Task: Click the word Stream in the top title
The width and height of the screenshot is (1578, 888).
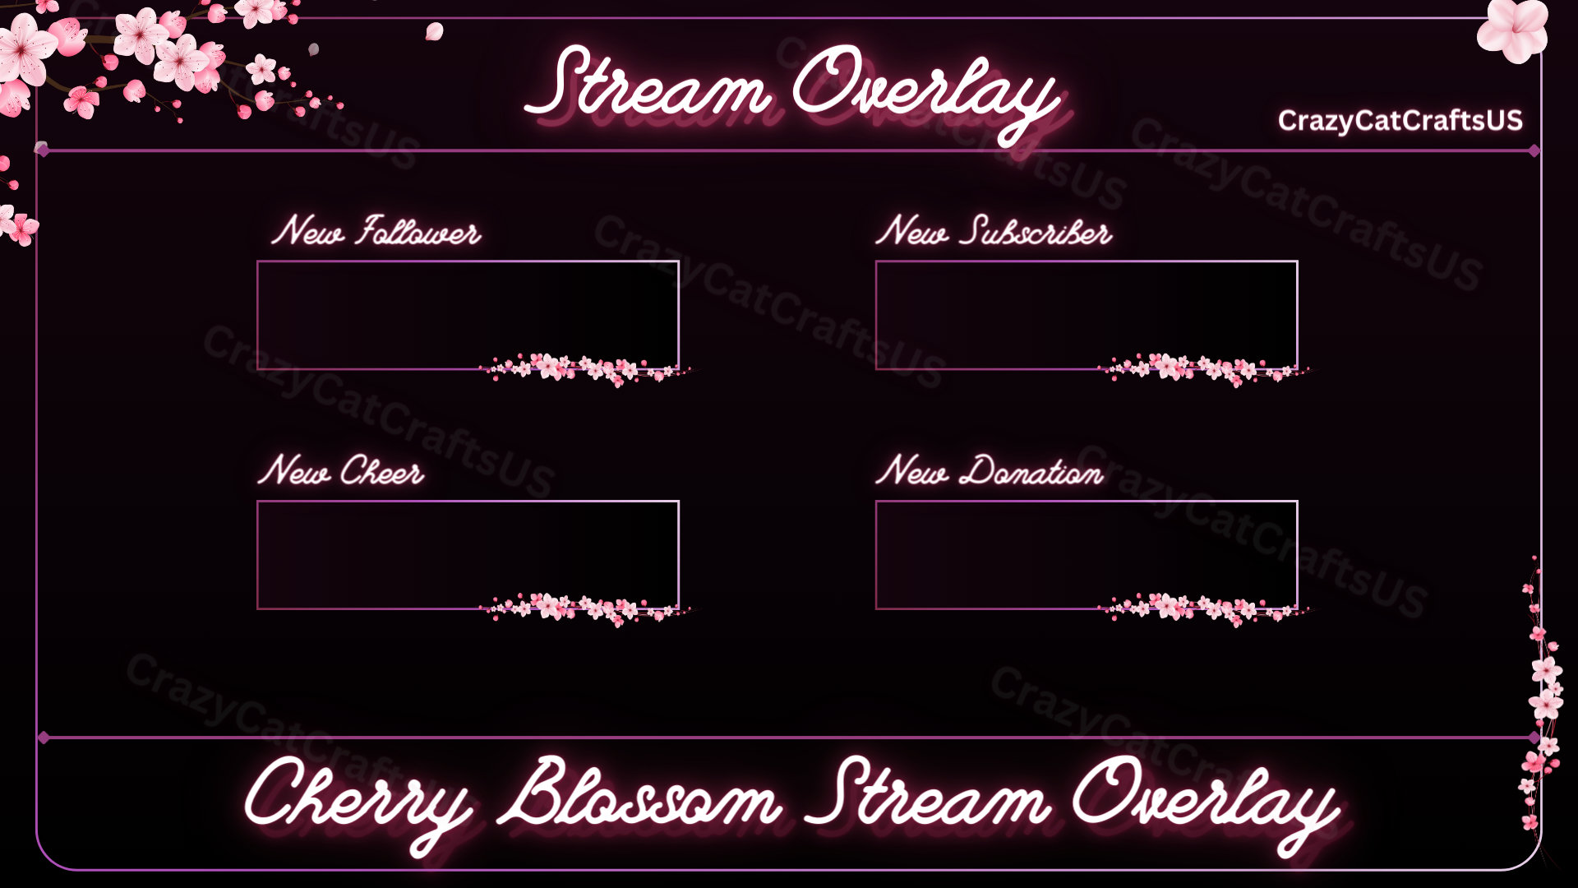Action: pos(649,86)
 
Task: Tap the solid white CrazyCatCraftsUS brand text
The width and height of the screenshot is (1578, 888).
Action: pos(1400,121)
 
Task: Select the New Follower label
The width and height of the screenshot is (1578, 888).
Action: pos(376,231)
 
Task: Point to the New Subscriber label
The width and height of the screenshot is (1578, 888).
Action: pos(994,231)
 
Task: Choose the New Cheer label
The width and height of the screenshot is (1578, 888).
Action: pos(341,471)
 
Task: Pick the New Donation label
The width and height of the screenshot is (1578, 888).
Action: pos(990,471)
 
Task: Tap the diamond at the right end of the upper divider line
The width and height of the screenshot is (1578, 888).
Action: pos(1534,151)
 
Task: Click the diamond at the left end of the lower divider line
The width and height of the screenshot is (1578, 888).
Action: pos(44,738)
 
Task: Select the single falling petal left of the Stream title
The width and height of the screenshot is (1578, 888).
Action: pos(435,32)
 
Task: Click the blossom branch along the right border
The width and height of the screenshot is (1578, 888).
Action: pos(1540,699)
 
